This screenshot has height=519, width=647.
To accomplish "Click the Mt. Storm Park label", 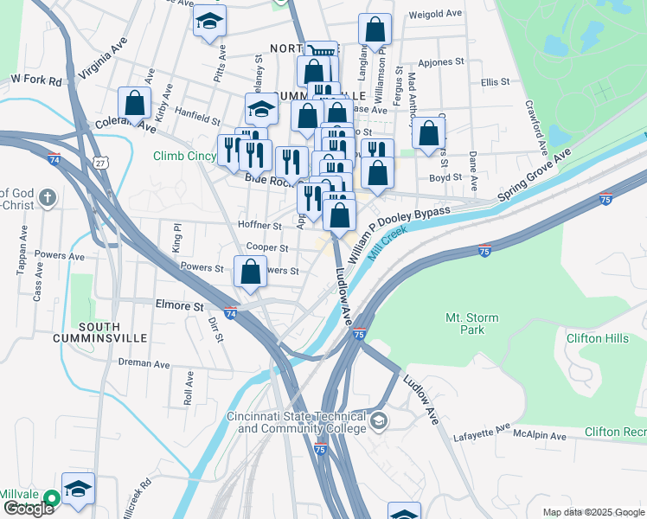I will (471, 324).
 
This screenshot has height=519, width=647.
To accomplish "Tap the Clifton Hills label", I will (597, 338).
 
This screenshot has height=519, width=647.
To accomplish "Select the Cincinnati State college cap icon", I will (378, 421).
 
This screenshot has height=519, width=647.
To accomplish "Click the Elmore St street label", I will (178, 305).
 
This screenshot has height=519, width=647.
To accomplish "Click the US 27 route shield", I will (101, 163).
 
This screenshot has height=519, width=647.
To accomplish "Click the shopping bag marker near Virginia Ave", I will (135, 103).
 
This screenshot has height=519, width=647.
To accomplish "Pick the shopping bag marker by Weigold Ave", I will (375, 30).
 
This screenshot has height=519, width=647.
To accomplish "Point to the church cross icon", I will (48, 197).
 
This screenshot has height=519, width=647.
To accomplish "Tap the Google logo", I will (28, 509).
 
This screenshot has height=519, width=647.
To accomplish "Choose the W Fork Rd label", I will (36, 80).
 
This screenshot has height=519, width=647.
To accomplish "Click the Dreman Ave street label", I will (142, 362).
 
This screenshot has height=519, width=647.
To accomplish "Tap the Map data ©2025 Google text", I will (593, 512).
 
